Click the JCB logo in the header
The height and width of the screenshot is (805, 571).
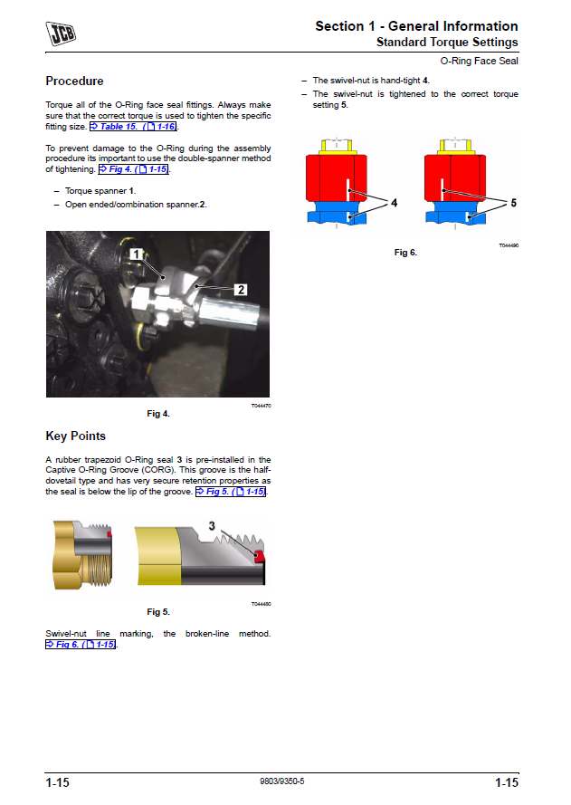point(61,34)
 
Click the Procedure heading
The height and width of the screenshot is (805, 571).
point(74,81)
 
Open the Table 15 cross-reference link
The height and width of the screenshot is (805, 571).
point(133,126)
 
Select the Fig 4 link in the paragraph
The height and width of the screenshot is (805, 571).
point(133,169)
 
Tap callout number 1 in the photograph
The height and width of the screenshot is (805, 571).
point(136,254)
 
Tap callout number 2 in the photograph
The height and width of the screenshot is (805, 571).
point(241,290)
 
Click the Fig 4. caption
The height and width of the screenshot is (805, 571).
point(158,414)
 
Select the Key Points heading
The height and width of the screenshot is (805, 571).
point(75,436)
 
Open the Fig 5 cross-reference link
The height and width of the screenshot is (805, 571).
point(231,492)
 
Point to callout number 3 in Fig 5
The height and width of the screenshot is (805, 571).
point(212,526)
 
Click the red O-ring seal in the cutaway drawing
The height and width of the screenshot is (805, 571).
point(260,556)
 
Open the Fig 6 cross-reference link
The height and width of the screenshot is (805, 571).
point(81,645)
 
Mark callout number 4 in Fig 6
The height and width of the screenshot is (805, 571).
point(394,203)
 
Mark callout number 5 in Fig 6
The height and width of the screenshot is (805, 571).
point(513,203)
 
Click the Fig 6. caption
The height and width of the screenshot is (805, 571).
point(405,253)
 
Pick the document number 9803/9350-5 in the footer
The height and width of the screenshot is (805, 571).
point(281,781)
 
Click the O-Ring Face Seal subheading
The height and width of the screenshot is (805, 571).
point(479,61)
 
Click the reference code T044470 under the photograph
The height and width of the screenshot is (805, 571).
point(262,406)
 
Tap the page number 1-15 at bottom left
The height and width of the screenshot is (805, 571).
point(57,782)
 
